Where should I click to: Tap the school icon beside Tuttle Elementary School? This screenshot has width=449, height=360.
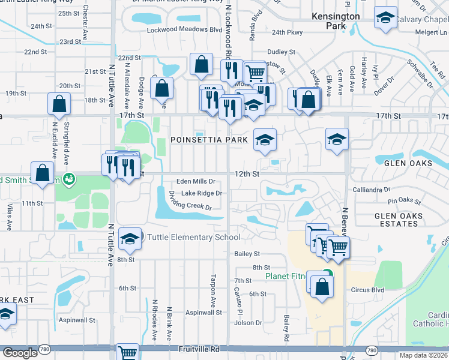[130, 238]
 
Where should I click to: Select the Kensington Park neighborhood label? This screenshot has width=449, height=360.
[336, 21]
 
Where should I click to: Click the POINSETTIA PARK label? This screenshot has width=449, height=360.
[209, 140]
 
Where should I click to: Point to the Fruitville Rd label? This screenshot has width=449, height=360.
[199, 349]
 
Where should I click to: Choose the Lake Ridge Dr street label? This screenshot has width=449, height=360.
[202, 193]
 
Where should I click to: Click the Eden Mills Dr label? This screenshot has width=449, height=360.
[195, 182]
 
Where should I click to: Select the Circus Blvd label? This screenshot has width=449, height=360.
[367, 290]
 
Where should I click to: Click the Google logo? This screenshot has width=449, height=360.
[20, 353]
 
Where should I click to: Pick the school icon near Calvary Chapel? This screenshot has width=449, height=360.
[384, 19]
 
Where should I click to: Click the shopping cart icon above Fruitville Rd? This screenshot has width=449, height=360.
[128, 352]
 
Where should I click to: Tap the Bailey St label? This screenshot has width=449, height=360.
[247, 254]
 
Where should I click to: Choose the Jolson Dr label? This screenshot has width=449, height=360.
[250, 323]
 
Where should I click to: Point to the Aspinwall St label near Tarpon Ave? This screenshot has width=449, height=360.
[203, 313]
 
